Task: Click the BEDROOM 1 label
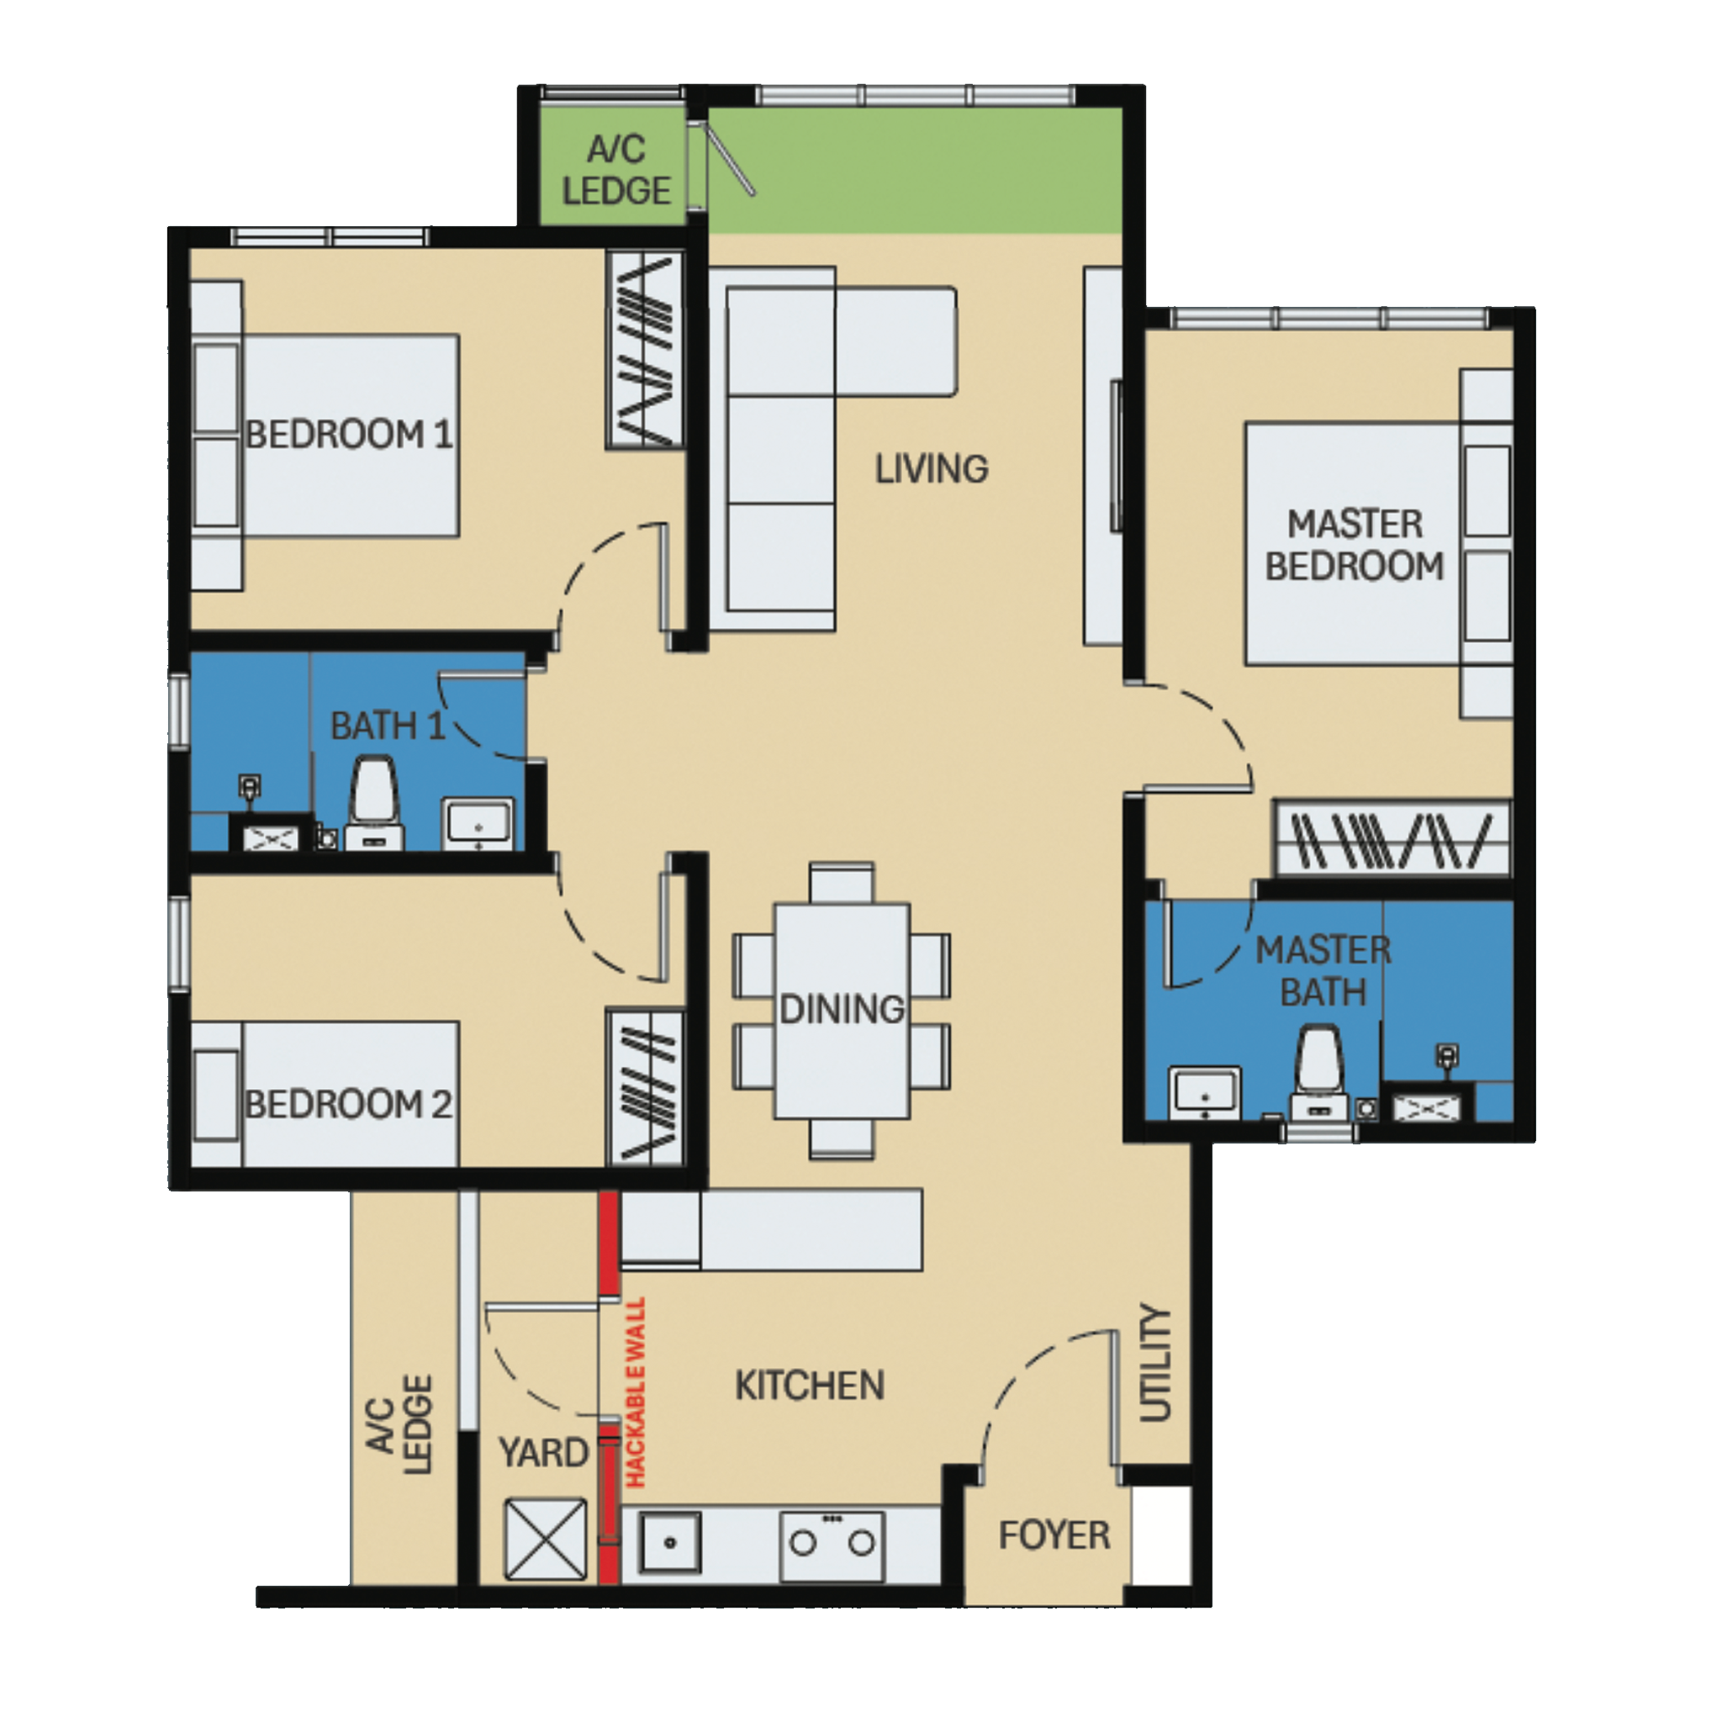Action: (x=350, y=435)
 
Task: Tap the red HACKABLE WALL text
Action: (x=636, y=1392)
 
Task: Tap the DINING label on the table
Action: (x=843, y=1009)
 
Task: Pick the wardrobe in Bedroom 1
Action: (x=644, y=350)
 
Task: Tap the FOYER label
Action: (x=1054, y=1535)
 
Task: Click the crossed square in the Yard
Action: (x=546, y=1540)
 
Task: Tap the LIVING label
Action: (x=932, y=469)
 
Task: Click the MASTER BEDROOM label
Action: (x=1354, y=546)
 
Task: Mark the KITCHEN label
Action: (x=810, y=1386)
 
